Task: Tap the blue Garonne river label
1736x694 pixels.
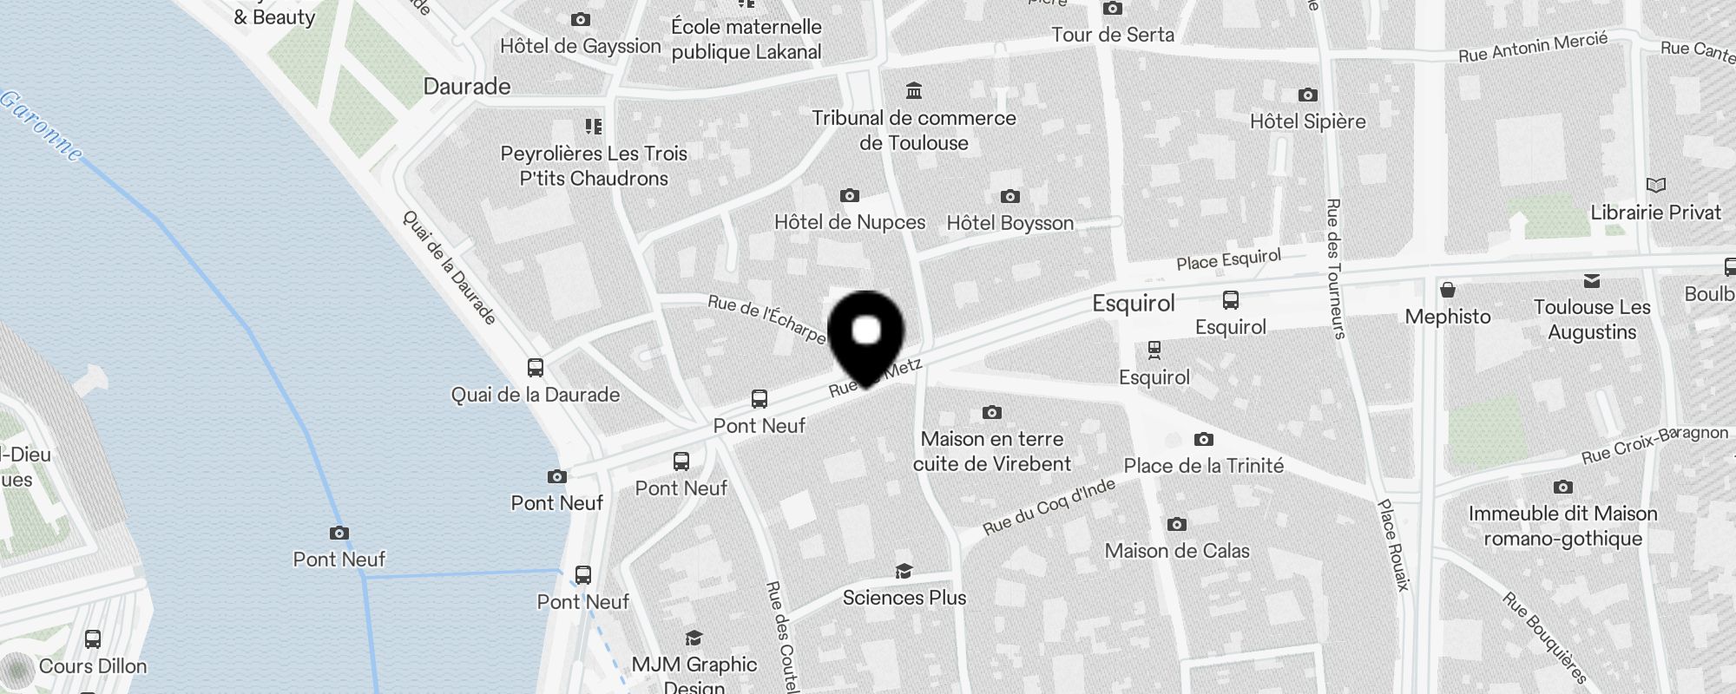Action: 42,127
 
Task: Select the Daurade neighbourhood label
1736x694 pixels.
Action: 466,87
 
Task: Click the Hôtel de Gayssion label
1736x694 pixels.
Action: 580,46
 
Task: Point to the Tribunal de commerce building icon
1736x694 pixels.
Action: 913,91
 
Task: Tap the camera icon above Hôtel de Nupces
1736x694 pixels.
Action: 850,196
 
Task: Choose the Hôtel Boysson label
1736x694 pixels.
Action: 1009,223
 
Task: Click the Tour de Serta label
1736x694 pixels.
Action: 1112,35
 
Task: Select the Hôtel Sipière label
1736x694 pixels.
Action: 1307,121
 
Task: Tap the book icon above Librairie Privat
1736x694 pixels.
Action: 1655,186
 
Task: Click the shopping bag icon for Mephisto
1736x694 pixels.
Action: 1447,290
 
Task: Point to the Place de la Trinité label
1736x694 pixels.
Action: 1203,466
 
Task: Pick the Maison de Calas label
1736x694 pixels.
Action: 1177,551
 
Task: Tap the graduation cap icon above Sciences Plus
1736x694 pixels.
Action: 904,572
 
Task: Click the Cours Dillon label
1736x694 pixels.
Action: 93,666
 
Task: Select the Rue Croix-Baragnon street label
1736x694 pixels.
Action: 1654,444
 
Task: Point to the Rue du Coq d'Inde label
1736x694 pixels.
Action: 1049,507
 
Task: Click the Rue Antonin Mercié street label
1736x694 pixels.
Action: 1533,47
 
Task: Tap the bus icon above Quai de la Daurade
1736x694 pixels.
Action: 536,368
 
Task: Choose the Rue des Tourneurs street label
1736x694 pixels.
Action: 1334,268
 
